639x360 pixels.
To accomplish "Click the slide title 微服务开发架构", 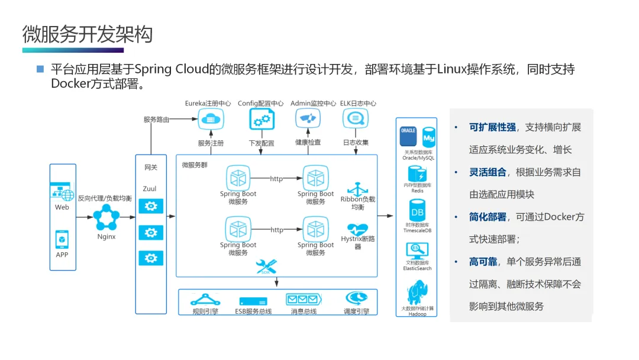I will [x=88, y=34].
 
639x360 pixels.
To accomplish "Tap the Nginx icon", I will [x=106, y=217].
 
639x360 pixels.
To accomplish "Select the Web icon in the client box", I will [x=62, y=192].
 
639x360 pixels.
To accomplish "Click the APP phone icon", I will [x=62, y=239].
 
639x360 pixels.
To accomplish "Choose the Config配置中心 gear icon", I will [x=261, y=119].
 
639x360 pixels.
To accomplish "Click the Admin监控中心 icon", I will [x=308, y=118].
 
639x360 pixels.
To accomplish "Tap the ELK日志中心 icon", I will [x=356, y=118].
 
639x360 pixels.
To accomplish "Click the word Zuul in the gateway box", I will [x=150, y=189].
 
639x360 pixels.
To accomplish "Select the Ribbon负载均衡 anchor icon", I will [x=357, y=189].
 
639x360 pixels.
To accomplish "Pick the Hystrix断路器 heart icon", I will [x=357, y=229].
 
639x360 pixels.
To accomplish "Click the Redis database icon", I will [x=417, y=174].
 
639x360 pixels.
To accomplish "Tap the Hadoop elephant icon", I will [x=417, y=292].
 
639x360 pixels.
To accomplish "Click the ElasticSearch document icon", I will [x=417, y=249].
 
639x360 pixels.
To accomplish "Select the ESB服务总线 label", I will [x=253, y=311].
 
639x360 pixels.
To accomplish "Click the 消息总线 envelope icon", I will [x=304, y=298].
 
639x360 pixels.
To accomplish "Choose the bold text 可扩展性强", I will [x=488, y=127].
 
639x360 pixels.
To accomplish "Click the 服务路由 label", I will [x=156, y=120].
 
